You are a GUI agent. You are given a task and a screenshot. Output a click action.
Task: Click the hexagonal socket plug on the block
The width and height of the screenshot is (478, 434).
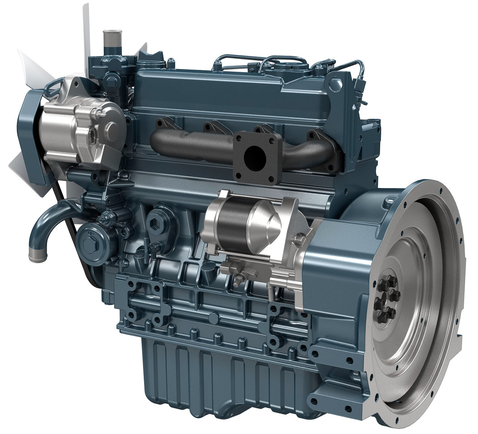point(155,217)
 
